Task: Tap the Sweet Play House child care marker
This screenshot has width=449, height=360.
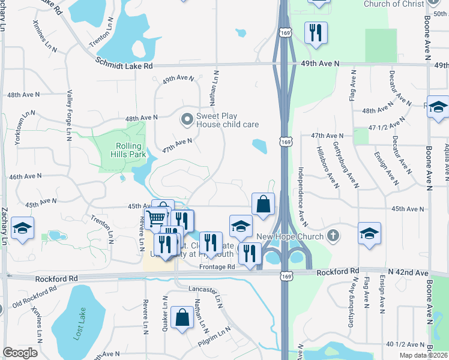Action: [188, 120]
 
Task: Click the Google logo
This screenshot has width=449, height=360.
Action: [20, 352]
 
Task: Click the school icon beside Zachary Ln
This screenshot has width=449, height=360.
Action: [22, 229]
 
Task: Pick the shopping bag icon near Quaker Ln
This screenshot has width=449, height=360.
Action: [181, 318]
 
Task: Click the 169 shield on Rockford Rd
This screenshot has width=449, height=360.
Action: [287, 273]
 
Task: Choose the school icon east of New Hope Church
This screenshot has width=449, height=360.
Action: [369, 234]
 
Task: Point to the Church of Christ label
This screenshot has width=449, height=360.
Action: [393, 4]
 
